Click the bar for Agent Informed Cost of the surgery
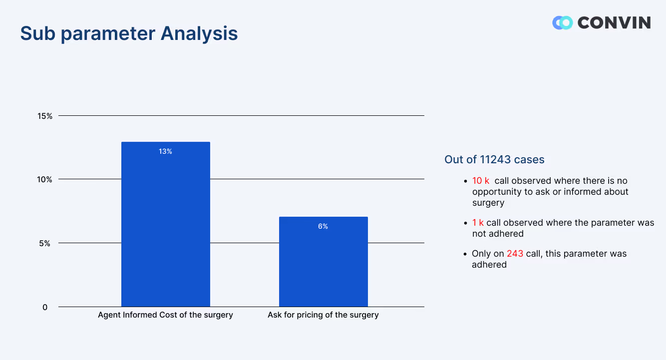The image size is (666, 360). (x=165, y=225)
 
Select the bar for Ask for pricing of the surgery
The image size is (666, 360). (x=323, y=262)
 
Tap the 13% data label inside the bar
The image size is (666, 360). (x=165, y=151)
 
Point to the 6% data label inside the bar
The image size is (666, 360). (x=323, y=226)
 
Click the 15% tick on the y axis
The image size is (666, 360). (x=45, y=116)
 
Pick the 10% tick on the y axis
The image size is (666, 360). (x=45, y=179)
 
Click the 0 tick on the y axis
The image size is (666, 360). (x=45, y=307)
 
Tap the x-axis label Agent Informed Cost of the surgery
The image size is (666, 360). (x=165, y=315)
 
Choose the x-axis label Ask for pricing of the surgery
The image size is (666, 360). (x=323, y=315)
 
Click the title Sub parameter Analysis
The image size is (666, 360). (x=129, y=33)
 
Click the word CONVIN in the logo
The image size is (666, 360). (x=614, y=22)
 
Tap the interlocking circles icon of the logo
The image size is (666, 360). (x=562, y=22)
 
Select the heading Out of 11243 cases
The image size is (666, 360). (x=494, y=160)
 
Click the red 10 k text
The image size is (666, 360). (x=481, y=181)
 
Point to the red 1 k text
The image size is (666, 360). (x=478, y=223)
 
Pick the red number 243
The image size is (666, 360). (x=515, y=254)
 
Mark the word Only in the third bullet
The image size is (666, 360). (x=481, y=254)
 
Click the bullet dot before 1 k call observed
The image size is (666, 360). (x=465, y=223)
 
